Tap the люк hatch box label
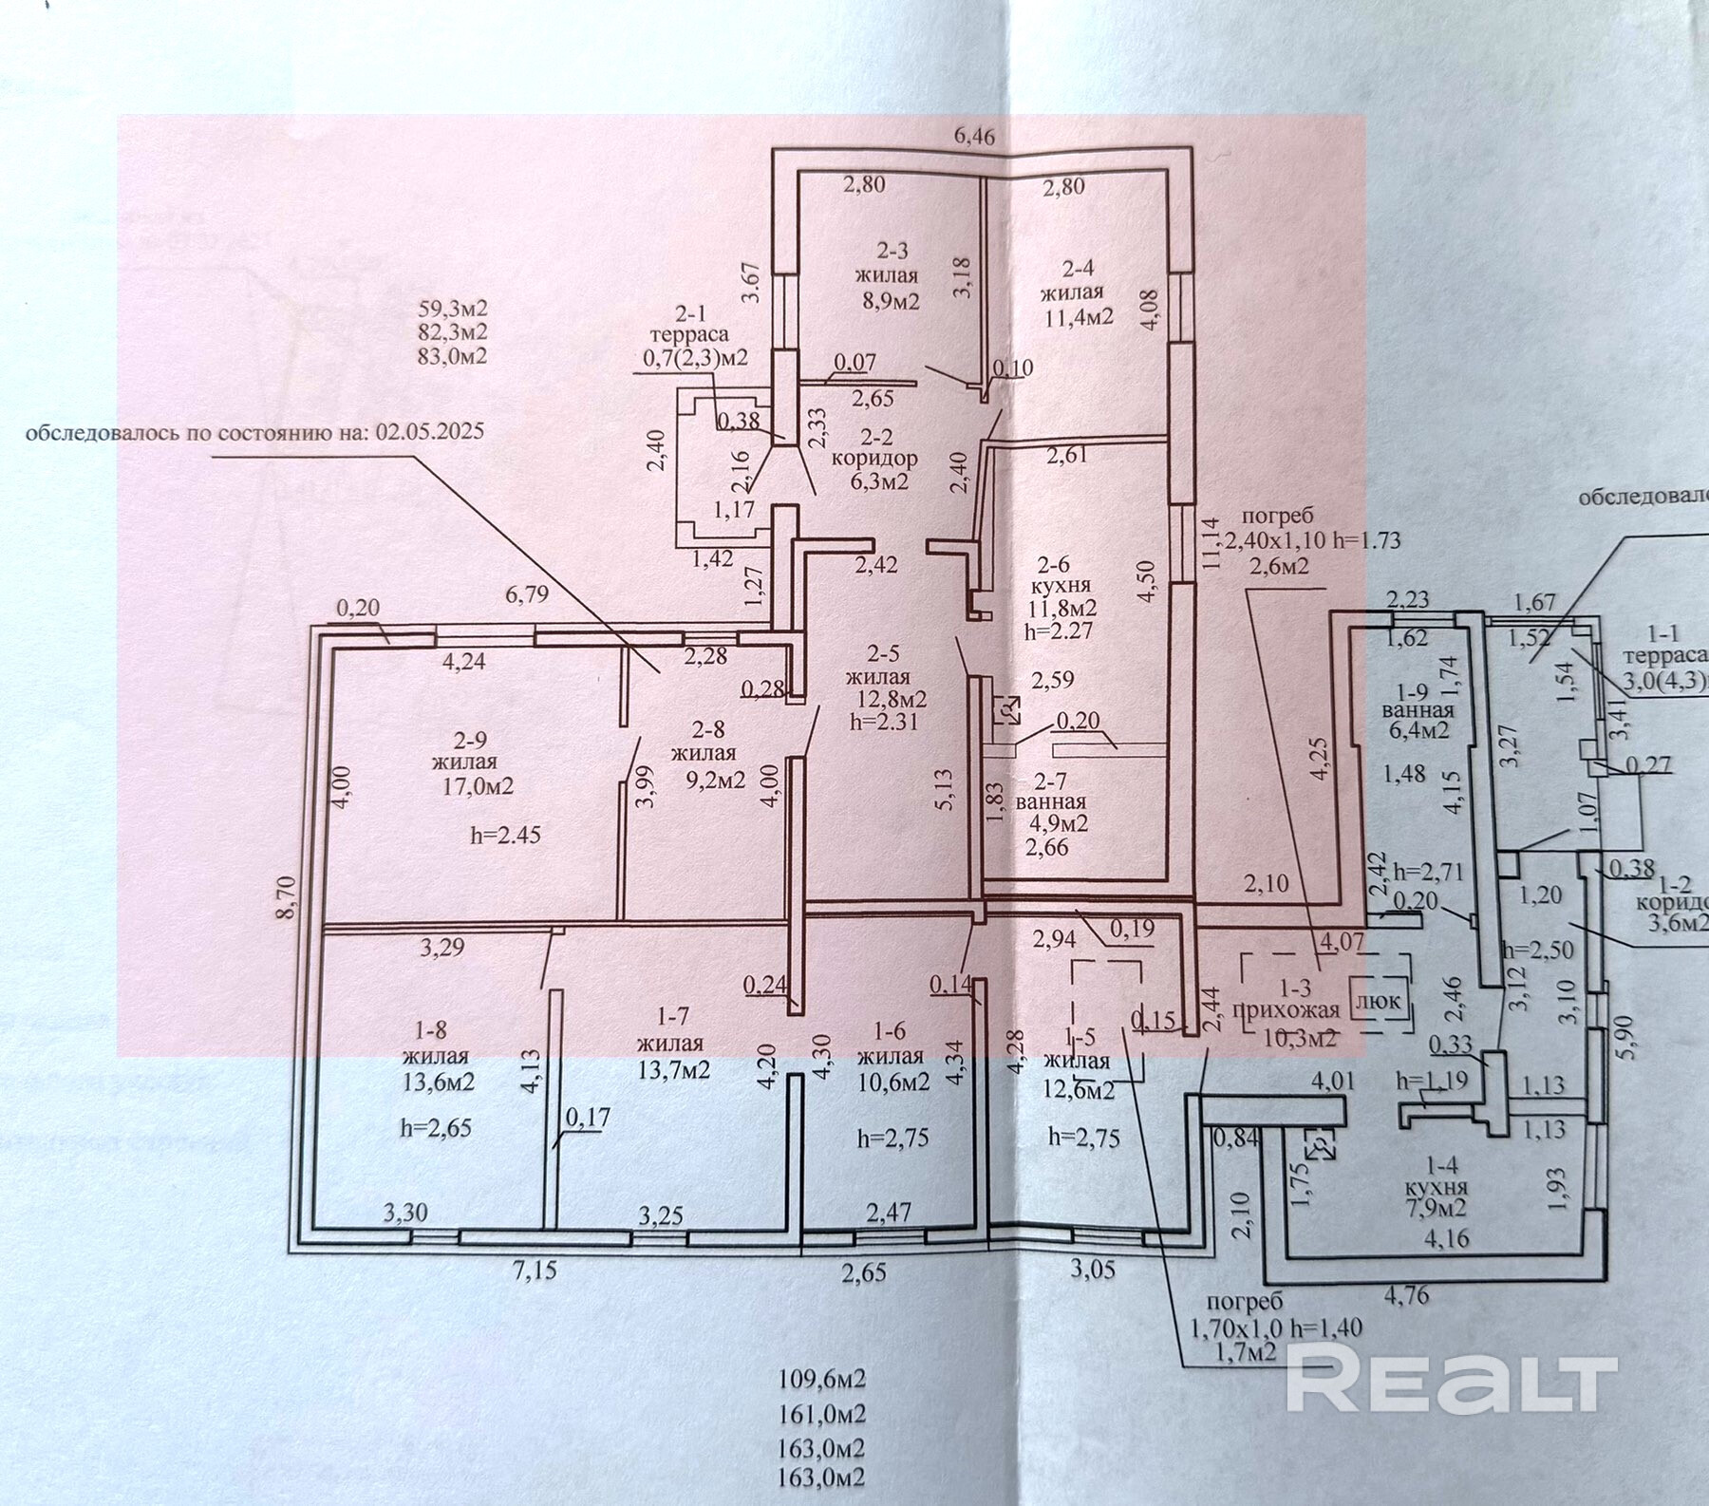(1376, 1000)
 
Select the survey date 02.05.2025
(431, 431)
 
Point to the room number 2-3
(892, 251)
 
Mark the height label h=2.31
(885, 720)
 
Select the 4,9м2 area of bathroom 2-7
(1052, 823)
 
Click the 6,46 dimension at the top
(974, 137)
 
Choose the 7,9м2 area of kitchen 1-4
(1440, 1208)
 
